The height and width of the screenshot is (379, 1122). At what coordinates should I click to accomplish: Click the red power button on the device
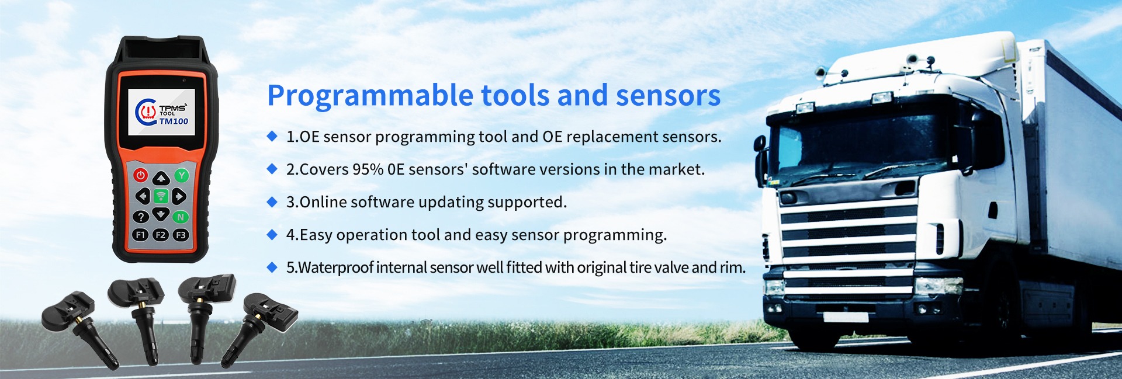point(140,175)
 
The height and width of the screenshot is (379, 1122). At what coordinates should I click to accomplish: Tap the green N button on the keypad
point(181,217)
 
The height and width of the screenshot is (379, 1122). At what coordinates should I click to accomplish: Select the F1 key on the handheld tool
point(140,235)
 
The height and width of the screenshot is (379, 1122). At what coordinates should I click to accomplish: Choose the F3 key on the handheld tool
point(181,235)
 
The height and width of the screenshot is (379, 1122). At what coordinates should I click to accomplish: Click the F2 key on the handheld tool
point(161,235)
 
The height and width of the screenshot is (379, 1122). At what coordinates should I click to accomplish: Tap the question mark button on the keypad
point(141,217)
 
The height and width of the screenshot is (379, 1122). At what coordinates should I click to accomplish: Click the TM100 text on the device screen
point(174,121)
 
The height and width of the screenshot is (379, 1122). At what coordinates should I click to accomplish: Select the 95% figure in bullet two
point(368,169)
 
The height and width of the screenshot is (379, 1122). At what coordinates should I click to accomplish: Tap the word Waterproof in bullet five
point(335,267)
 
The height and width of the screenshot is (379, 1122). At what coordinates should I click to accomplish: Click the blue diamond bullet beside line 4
point(272,234)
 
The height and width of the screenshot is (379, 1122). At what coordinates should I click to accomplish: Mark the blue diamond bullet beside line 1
point(272,136)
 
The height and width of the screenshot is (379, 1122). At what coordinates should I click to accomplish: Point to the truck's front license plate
point(846,317)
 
